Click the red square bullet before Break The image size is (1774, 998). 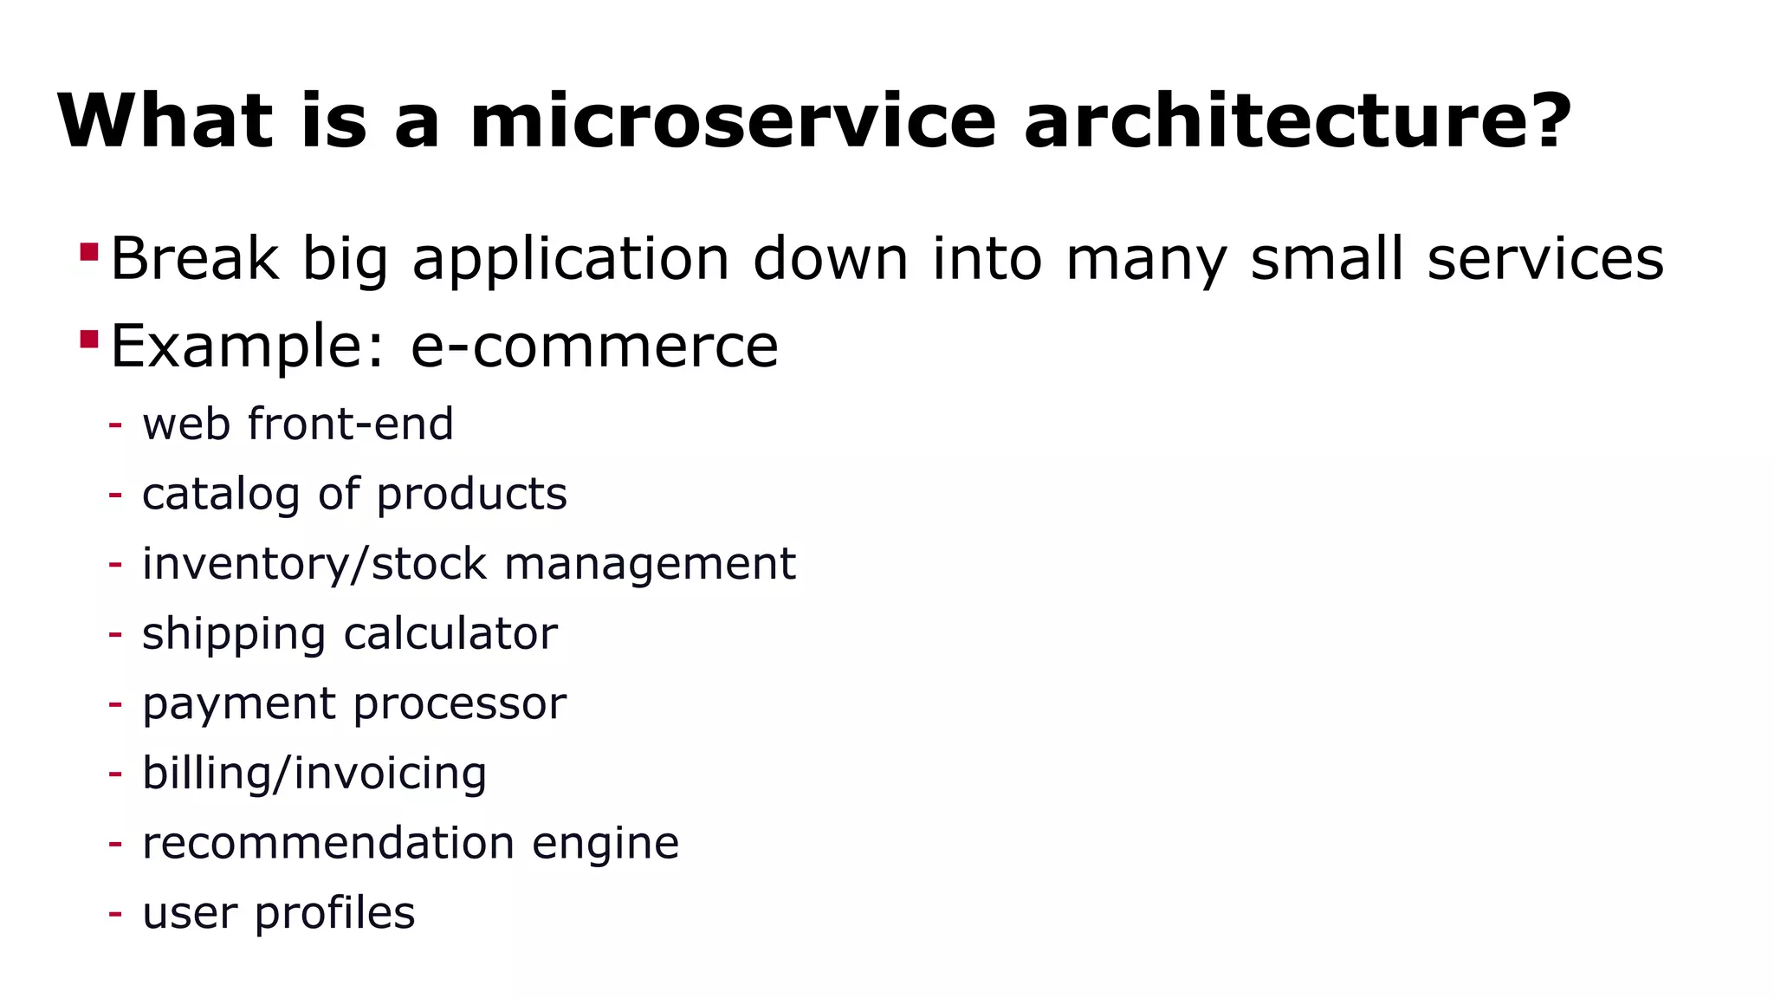(88, 252)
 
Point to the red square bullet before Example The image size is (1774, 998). (88, 339)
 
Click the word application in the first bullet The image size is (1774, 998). (570, 259)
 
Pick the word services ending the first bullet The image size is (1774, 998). (1545, 259)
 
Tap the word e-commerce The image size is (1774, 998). (594, 346)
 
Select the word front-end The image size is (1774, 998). (350, 424)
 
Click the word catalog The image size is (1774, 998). (221, 495)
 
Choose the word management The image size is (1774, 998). (650, 564)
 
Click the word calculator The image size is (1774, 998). (450, 633)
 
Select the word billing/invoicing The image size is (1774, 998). (314, 773)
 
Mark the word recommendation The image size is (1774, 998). (328, 843)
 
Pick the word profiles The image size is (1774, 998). (334, 913)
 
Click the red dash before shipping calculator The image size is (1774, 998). (115, 634)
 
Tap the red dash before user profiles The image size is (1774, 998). (115, 913)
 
